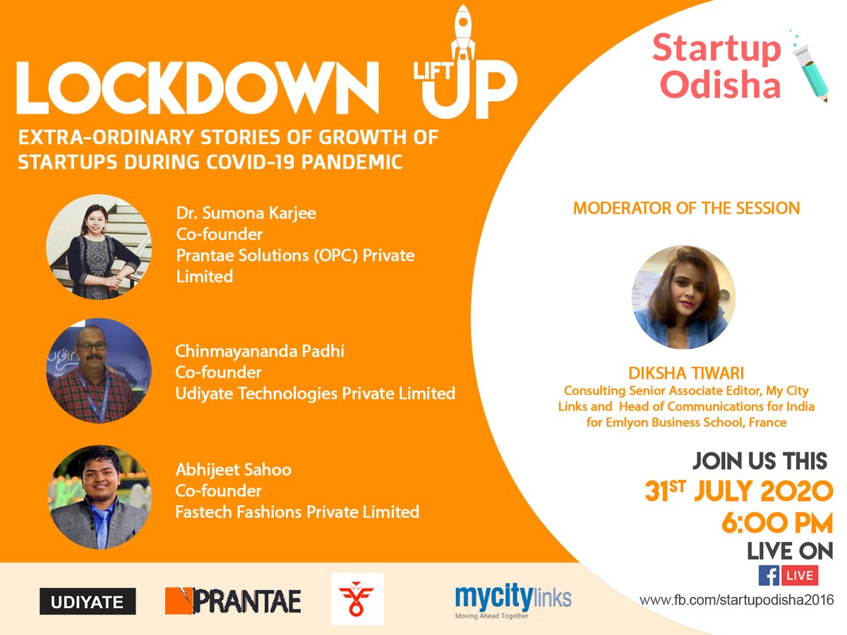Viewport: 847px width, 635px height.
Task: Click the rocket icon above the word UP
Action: [x=462, y=32]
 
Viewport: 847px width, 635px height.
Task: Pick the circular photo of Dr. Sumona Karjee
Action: [x=99, y=247]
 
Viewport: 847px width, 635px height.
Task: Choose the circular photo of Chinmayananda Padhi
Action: [x=99, y=371]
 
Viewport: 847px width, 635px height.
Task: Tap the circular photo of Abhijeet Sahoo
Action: [x=99, y=497]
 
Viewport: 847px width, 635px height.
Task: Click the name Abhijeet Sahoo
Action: [x=234, y=469]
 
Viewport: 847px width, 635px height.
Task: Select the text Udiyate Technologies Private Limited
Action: [x=315, y=393]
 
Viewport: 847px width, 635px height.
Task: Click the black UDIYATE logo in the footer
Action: [x=88, y=602]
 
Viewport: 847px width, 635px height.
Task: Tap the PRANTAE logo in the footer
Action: [x=233, y=601]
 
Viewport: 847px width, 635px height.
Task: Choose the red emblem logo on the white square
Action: [x=357, y=598]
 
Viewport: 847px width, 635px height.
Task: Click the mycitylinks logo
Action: [x=513, y=599]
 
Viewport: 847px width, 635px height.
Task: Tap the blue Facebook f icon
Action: [x=769, y=575]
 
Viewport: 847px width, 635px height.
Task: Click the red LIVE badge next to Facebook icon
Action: [x=800, y=575]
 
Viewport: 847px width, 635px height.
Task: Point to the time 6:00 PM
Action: [x=776, y=523]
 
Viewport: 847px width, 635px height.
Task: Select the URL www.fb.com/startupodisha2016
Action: [x=736, y=600]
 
